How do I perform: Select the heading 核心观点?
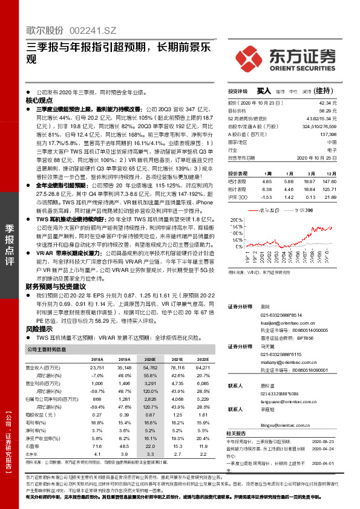(x=38, y=100)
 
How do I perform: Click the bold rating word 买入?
(x=264, y=90)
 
